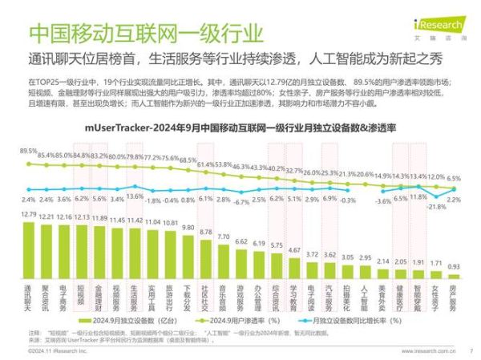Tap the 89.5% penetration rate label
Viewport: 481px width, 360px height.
(x=29, y=151)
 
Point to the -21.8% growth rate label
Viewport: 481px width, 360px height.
(x=434, y=207)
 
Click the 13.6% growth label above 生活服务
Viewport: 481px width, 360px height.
(x=134, y=196)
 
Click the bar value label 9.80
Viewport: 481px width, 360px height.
(x=188, y=228)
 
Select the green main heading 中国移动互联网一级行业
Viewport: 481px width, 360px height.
(x=144, y=34)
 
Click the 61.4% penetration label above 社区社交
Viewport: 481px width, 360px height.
(x=206, y=164)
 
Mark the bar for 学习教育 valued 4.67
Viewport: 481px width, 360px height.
(x=294, y=263)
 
